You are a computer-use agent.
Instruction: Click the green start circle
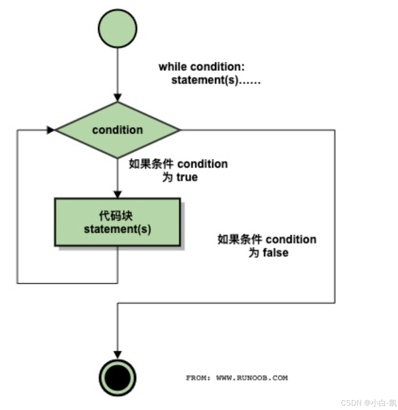coord(118,28)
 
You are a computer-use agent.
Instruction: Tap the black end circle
coord(118,378)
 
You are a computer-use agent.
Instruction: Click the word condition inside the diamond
coord(117,130)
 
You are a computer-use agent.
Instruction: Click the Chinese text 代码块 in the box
coord(116,216)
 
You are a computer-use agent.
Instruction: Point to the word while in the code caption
coord(173,67)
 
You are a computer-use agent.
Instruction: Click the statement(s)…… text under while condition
coord(216,80)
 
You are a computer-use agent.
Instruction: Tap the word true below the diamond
coord(187,177)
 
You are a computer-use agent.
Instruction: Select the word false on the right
coord(275,252)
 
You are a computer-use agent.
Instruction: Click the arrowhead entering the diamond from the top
coord(118,97)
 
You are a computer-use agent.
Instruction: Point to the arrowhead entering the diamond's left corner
coord(51,130)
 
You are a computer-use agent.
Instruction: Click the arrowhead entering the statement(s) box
coord(118,194)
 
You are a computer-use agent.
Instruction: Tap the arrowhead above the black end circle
coord(118,355)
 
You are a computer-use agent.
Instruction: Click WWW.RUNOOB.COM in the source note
coord(252,378)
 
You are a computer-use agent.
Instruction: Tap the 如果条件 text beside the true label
coord(151,164)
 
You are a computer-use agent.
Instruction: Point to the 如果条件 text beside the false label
coord(240,240)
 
